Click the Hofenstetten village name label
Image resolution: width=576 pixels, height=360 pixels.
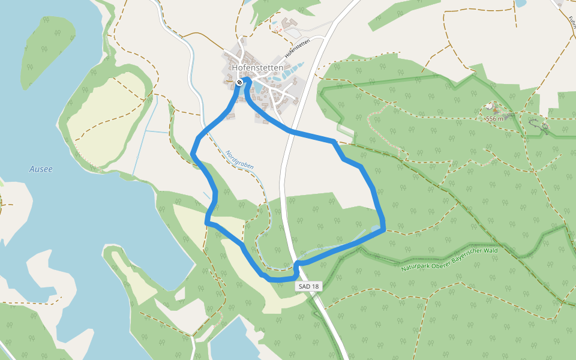point(257,68)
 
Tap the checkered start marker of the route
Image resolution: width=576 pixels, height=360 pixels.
point(239,82)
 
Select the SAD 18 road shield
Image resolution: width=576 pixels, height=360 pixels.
point(309,287)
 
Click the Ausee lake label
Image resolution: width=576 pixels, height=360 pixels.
point(41,169)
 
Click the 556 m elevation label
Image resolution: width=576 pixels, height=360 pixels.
point(494,119)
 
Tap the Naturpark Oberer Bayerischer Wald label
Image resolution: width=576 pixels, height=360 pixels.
point(449,259)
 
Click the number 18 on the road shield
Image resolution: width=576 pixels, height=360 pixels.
point(315,287)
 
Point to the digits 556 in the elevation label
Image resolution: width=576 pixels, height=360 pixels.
point(491,119)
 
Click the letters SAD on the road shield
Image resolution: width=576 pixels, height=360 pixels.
point(305,287)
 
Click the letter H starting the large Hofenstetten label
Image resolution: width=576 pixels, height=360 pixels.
point(235,68)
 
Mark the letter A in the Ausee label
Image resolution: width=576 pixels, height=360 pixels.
point(32,169)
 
